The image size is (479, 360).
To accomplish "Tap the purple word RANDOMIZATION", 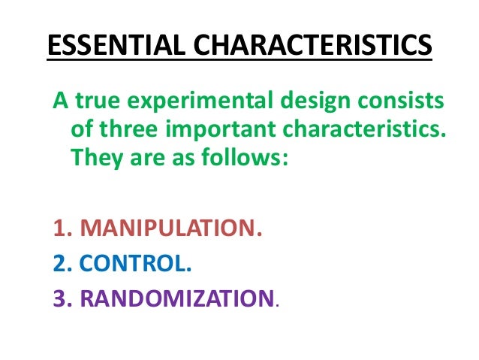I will (177, 299).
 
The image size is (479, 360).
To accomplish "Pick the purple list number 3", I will (59, 299).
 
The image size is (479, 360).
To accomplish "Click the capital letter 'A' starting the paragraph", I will (56, 103).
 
